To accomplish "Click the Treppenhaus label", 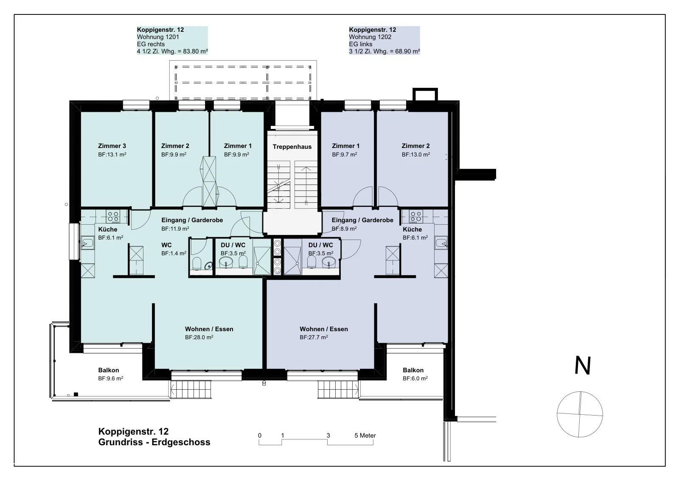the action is tap(292, 147).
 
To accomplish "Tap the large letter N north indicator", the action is tap(583, 366).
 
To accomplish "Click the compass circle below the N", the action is tap(580, 414).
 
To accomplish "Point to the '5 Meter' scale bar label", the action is tap(365, 435).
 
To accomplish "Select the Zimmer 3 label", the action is tap(112, 146).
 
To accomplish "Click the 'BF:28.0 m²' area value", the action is tap(199, 337).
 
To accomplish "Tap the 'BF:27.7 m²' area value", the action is tap(314, 337).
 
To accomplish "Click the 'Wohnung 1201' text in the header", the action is tap(158, 37).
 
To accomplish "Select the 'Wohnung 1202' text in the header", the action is tap(370, 37).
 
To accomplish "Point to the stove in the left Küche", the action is tap(113, 217).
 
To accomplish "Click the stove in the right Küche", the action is tap(415, 217).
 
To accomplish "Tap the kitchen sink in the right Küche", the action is tap(441, 243).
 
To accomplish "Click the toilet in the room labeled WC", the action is tap(197, 263).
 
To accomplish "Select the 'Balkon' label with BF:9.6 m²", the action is tap(109, 370).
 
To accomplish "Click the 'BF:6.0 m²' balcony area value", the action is tap(415, 378).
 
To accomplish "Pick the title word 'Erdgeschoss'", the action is tap(181, 442).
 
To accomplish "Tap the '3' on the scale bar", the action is tap(328, 435).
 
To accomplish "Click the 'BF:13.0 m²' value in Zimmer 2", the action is tap(416, 154).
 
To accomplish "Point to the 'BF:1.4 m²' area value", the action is tap(174, 253).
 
